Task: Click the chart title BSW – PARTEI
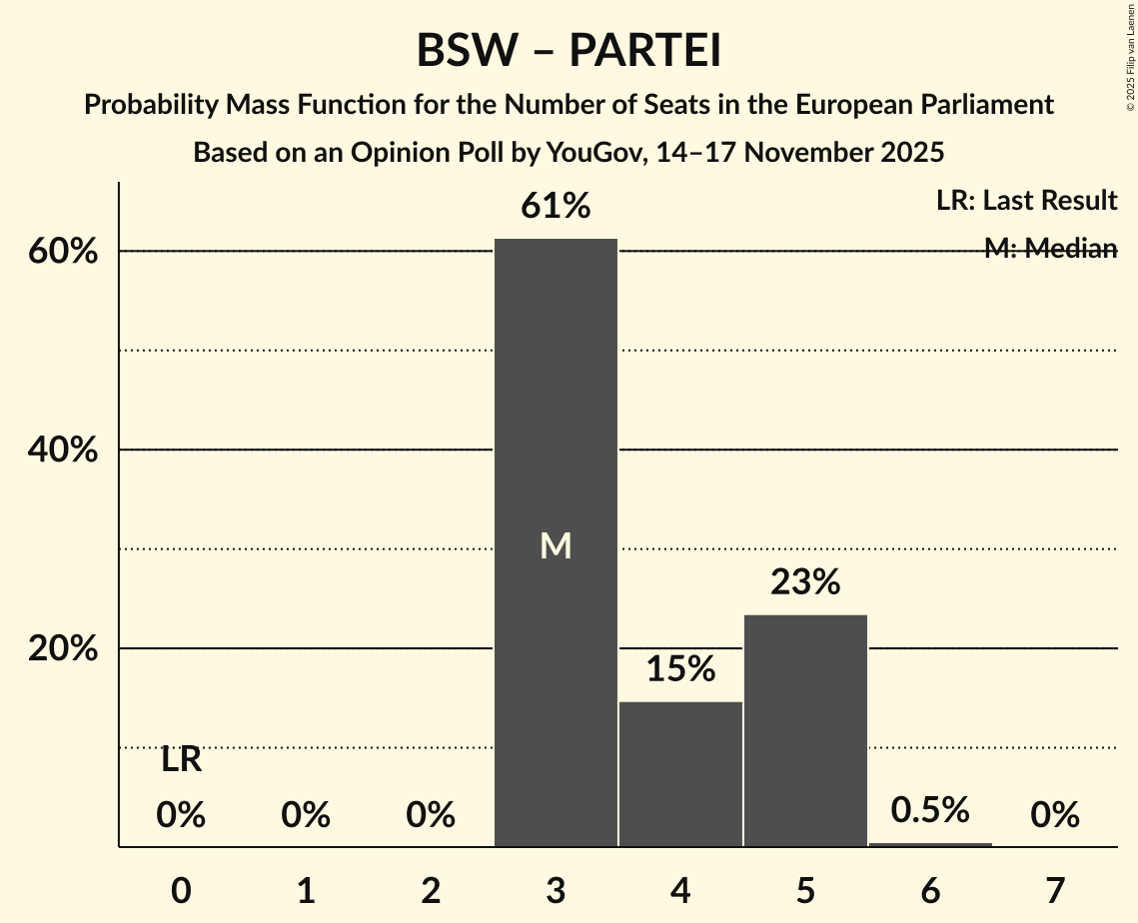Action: click(569, 50)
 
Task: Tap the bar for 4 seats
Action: click(680, 773)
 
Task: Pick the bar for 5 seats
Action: click(805, 729)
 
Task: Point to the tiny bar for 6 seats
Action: click(930, 844)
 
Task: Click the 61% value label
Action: click(556, 207)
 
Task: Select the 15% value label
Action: click(680, 669)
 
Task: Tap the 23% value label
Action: click(805, 581)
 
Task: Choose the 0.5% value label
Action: click(930, 810)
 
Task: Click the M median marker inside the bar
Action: click(556, 545)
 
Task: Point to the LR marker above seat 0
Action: click(181, 761)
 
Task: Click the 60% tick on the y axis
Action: click(63, 252)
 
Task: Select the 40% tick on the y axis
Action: click(63, 451)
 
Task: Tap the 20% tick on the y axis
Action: click(63, 649)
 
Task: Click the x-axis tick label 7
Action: click(1055, 890)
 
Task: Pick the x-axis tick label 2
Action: click(431, 890)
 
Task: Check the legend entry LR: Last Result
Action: click(1026, 201)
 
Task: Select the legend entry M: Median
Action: click(1050, 249)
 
